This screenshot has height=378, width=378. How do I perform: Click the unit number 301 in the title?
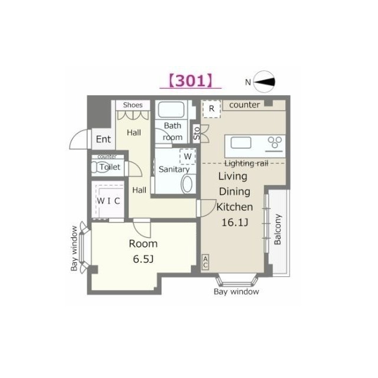[190, 81]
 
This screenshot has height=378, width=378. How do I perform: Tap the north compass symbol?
[264, 82]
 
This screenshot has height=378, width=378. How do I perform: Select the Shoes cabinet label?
[133, 105]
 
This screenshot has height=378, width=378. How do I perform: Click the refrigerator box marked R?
[211, 109]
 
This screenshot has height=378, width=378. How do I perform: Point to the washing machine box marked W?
[188, 157]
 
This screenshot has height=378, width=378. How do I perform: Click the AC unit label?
[205, 262]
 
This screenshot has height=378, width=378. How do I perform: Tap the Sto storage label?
[197, 133]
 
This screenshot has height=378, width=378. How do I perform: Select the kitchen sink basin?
[241, 142]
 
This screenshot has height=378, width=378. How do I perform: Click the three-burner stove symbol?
[275, 142]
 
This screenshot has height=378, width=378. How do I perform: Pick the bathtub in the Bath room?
[171, 110]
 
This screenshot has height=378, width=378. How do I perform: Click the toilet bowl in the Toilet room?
[99, 167]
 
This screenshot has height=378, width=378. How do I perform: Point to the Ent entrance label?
[103, 139]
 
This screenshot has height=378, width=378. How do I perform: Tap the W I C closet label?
[109, 201]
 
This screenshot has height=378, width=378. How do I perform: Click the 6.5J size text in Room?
[143, 259]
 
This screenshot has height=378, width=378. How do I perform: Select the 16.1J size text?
[235, 222]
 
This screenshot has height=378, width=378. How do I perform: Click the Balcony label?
[278, 229]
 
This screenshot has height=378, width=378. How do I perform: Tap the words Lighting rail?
[246, 164]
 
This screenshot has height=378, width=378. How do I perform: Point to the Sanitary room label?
[174, 170]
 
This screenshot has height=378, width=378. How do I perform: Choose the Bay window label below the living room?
[236, 292]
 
